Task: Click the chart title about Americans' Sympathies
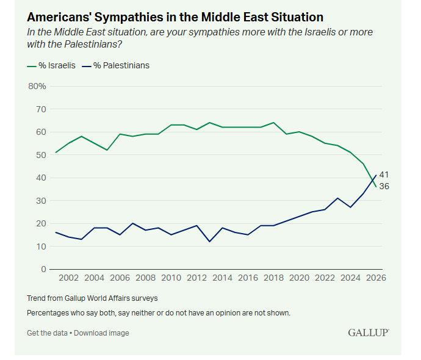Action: [175, 16]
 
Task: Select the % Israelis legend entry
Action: [51, 65]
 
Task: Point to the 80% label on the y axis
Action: [37, 86]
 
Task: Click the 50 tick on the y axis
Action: [40, 155]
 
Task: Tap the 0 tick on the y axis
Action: [43, 269]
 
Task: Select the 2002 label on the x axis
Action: [68, 278]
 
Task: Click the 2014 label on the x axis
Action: [222, 278]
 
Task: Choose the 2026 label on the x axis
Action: [375, 278]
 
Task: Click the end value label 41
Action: [384, 175]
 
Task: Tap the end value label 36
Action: [384, 186]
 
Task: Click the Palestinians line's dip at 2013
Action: [209, 242]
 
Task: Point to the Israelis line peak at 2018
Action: [273, 123]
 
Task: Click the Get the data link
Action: [48, 333]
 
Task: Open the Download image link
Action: [102, 333]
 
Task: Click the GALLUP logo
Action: [368, 333]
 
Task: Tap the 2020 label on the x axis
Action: [299, 278]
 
